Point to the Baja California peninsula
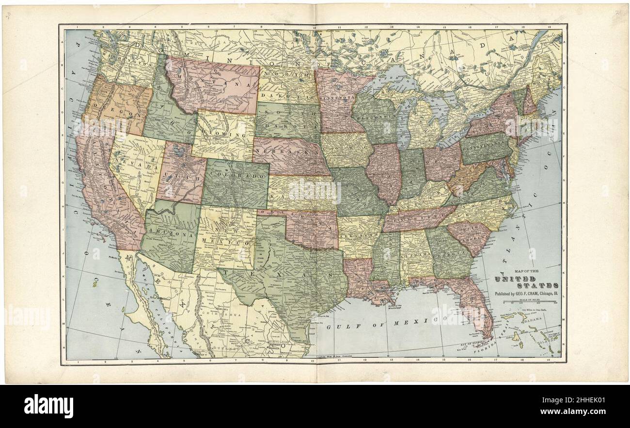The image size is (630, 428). (145, 300)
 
